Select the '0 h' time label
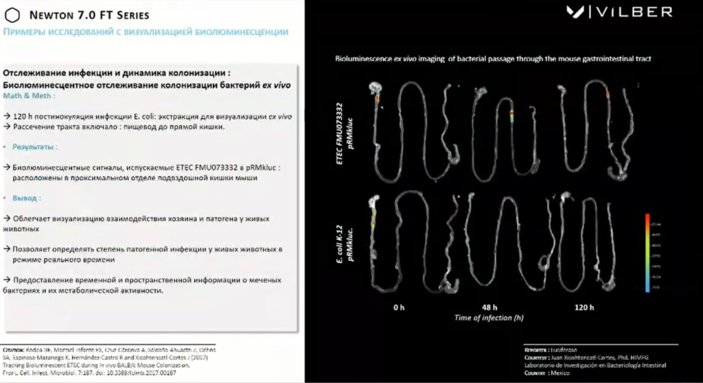[398, 307]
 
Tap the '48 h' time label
[489, 307]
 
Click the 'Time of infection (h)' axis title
[489, 317]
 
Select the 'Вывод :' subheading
[27, 198]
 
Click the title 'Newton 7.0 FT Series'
[86, 15]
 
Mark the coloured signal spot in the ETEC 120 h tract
[608, 93]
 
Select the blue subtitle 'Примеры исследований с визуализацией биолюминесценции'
[146, 32]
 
